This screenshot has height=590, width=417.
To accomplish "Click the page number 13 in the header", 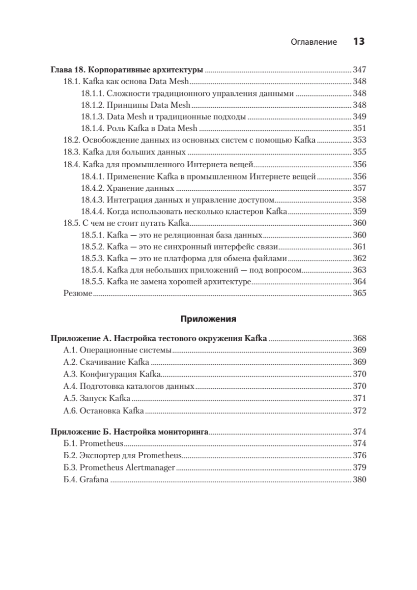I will (359, 42).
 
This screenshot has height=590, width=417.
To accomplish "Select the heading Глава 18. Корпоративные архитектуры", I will (127, 70).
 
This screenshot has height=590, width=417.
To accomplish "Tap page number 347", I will (360, 70).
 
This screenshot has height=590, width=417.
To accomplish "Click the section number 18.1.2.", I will (92, 105).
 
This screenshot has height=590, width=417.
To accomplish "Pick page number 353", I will (360, 141).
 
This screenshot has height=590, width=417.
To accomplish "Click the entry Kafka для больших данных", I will (134, 152).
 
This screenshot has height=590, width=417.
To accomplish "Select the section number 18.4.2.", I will (92, 188).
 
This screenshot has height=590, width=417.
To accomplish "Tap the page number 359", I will (360, 211).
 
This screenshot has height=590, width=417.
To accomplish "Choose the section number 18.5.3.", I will (92, 259).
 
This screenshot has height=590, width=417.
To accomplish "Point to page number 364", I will (360, 282).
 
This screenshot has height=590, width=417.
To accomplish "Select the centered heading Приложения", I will (208, 319).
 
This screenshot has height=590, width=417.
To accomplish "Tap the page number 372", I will (360, 411).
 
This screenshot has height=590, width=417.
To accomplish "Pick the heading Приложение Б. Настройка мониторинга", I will (130, 432).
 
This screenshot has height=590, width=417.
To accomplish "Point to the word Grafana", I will (93, 479).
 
